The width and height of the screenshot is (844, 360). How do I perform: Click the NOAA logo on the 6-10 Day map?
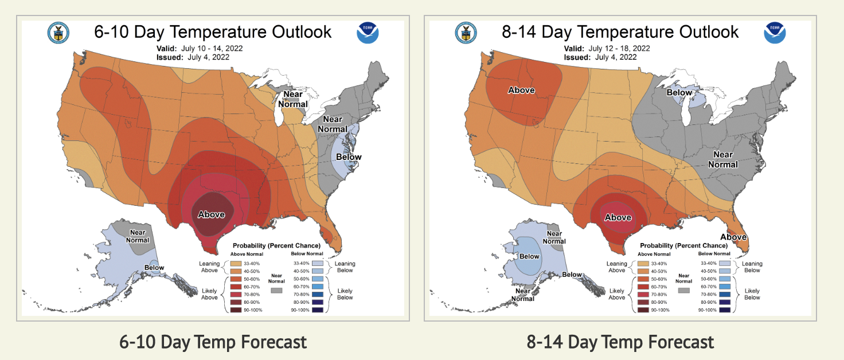[x=368, y=33]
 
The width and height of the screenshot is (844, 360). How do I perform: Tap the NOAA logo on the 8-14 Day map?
[x=775, y=33]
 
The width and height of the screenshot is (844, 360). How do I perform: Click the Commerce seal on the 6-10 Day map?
[x=57, y=33]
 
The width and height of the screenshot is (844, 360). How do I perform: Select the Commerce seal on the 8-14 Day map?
[x=465, y=33]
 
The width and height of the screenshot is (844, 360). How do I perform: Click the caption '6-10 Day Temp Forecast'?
[x=213, y=342]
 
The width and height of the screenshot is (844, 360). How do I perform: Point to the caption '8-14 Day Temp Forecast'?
[x=620, y=342]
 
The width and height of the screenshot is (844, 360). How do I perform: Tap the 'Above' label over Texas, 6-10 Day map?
[x=212, y=214]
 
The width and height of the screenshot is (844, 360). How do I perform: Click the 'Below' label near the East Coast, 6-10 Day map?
[x=349, y=156]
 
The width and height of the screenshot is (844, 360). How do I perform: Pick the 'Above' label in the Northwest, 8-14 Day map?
[x=521, y=90]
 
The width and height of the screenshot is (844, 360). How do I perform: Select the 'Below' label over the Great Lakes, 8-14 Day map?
[x=679, y=92]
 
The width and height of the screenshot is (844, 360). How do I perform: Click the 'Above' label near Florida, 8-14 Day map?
[x=733, y=237]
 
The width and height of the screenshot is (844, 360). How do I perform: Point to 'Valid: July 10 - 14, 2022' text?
[x=199, y=48]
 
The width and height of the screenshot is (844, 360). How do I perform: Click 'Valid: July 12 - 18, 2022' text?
[x=607, y=48]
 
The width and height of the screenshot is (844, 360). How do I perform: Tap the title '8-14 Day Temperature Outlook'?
[x=620, y=32]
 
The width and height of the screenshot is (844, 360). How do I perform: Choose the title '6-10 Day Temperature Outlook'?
[x=213, y=32]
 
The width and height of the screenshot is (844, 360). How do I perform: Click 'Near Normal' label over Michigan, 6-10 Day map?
[x=293, y=100]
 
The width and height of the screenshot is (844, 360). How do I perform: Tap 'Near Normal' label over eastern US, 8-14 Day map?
[x=722, y=159]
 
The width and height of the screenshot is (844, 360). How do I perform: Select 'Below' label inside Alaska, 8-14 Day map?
[x=529, y=256]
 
